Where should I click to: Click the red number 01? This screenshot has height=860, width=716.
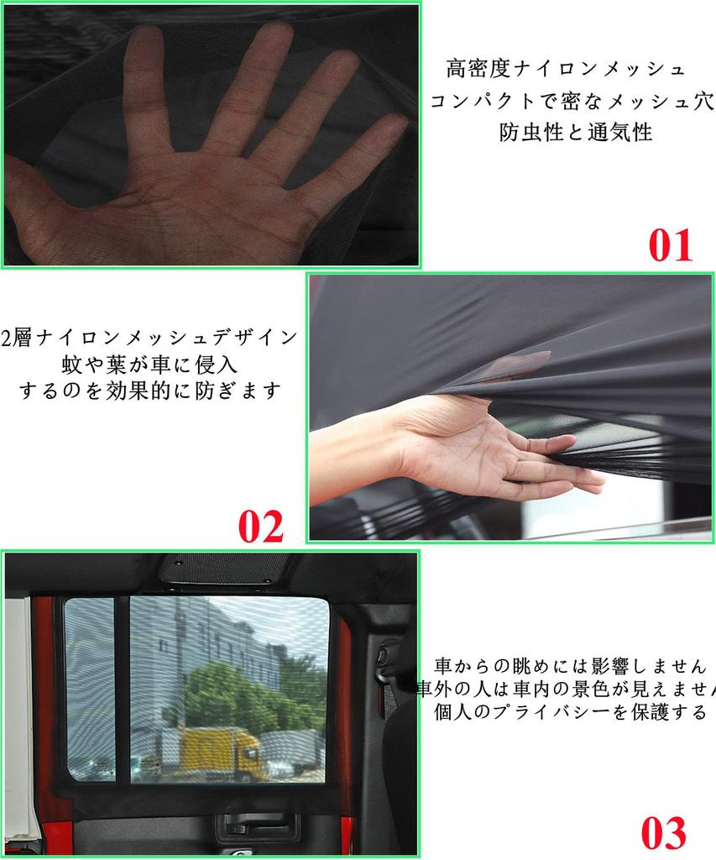[x=671, y=246]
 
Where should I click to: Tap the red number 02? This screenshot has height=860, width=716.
[x=261, y=527]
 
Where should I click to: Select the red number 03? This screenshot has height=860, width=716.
[x=663, y=832]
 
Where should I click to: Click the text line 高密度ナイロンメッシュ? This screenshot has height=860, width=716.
[x=566, y=70]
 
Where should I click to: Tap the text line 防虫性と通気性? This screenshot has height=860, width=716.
[x=576, y=132]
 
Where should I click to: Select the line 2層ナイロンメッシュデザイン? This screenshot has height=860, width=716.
[x=149, y=338]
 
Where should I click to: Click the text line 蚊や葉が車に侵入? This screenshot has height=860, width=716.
[x=149, y=364]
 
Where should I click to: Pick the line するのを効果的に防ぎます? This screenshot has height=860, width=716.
[x=149, y=391]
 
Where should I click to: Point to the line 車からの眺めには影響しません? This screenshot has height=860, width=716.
[x=570, y=666]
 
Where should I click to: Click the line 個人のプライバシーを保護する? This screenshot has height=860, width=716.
[x=570, y=712]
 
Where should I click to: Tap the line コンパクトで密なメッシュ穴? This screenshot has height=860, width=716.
[x=572, y=101]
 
